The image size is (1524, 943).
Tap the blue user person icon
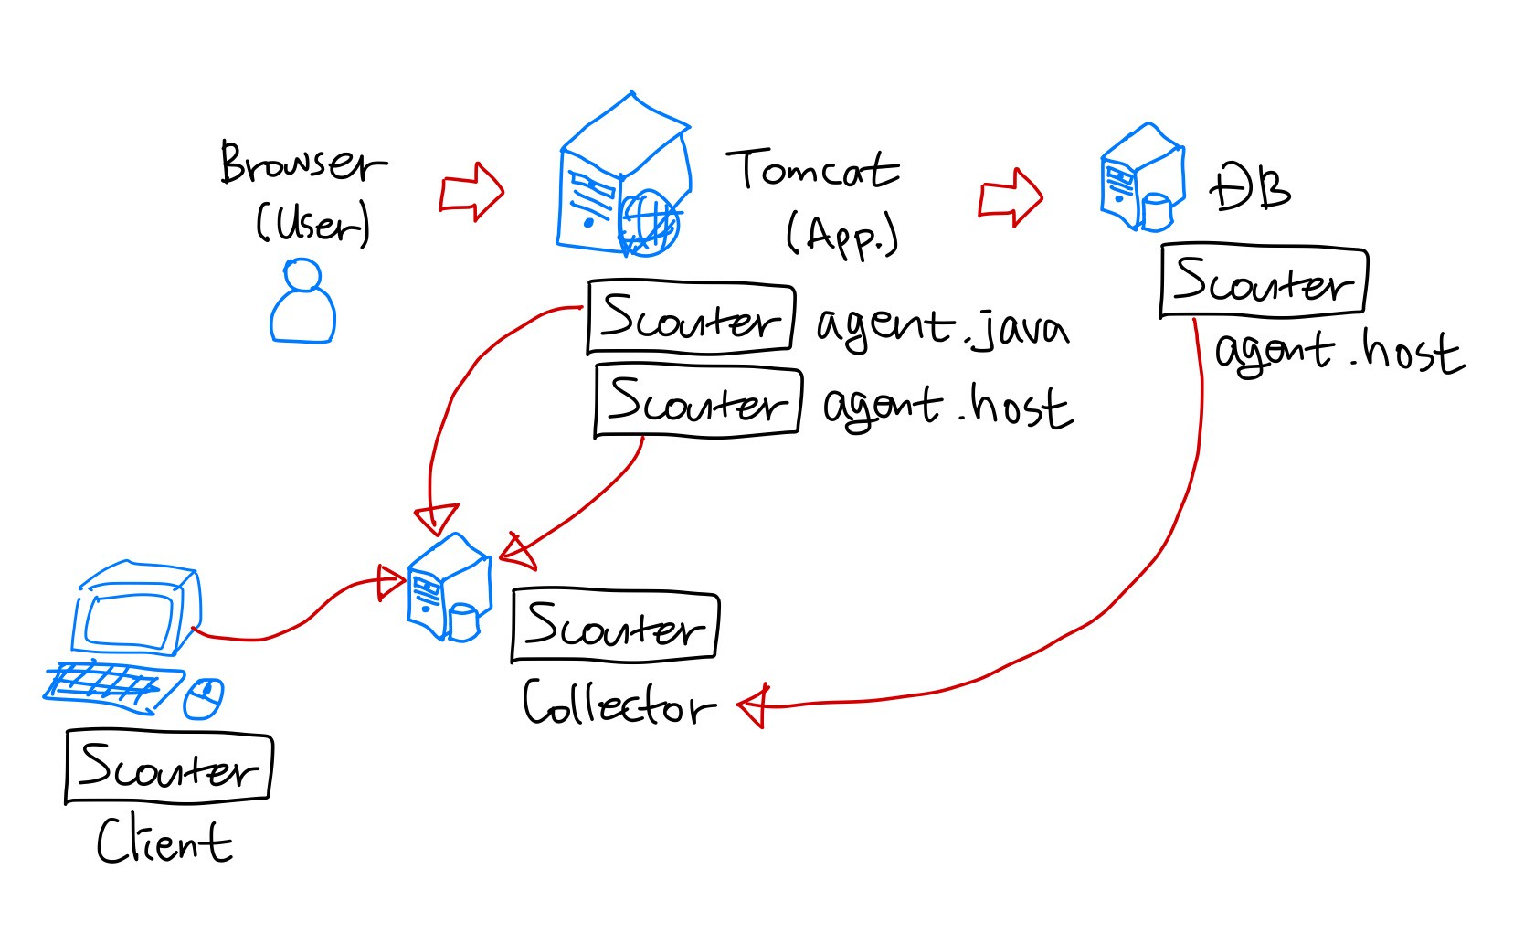click(x=302, y=302)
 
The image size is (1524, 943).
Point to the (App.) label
click(x=841, y=235)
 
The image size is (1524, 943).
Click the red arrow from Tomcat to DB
click(x=1011, y=196)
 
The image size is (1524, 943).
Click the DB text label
click(x=1250, y=187)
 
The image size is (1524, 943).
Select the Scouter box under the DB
click(x=1263, y=281)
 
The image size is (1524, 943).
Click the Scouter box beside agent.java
click(x=690, y=318)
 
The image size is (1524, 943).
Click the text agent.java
click(x=941, y=327)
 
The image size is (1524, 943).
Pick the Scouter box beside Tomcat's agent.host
click(x=698, y=402)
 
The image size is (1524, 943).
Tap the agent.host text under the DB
click(x=1339, y=353)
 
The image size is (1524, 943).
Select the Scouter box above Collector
click(x=615, y=626)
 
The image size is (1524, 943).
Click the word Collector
click(x=618, y=705)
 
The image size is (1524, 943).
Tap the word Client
click(x=164, y=842)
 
